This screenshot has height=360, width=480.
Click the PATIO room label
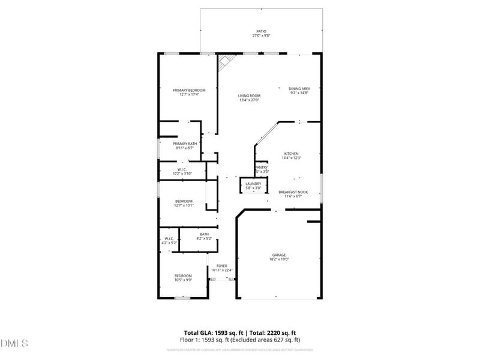point(261,31)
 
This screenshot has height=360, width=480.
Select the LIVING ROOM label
point(249,95)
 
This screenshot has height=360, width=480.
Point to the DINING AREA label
point(299,89)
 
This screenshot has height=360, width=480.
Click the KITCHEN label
point(291,154)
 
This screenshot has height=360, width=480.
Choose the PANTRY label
point(262,167)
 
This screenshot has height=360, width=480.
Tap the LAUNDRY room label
point(253,184)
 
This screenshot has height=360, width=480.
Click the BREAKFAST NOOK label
point(293,192)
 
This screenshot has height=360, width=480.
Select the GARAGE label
point(279,255)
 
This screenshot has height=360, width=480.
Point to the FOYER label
point(222,266)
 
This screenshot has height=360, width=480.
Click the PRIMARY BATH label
point(185,143)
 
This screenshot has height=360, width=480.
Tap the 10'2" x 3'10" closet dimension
point(182,173)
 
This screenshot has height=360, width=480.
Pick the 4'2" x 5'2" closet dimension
point(169,243)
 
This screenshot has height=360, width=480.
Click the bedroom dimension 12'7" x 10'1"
point(184,205)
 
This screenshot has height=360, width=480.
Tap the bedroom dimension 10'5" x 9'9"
point(183,280)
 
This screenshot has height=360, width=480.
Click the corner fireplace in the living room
point(226,61)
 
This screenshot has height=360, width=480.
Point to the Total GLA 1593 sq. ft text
point(213,332)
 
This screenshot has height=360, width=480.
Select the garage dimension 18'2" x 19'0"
point(279,259)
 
